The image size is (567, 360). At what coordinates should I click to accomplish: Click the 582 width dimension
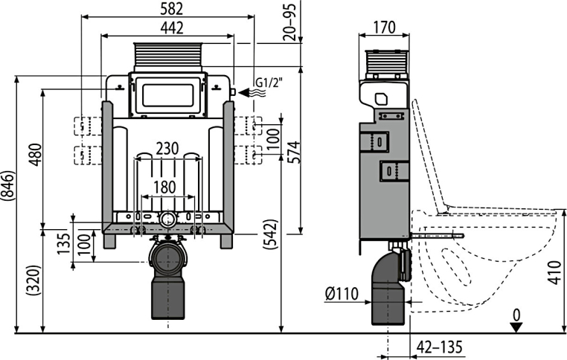coord(172,9)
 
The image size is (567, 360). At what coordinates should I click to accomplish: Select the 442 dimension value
coord(172,28)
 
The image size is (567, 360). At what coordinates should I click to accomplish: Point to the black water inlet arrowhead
coord(244,92)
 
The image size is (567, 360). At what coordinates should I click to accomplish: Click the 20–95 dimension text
coord(290,22)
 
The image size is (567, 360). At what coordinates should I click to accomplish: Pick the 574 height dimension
coord(294,152)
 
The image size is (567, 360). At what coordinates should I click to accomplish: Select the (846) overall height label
coord(8,185)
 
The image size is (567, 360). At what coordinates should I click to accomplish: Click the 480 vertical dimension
coord(36,155)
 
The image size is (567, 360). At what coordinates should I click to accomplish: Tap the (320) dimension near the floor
coord(34,280)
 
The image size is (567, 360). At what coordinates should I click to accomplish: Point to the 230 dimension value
coord(167,149)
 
